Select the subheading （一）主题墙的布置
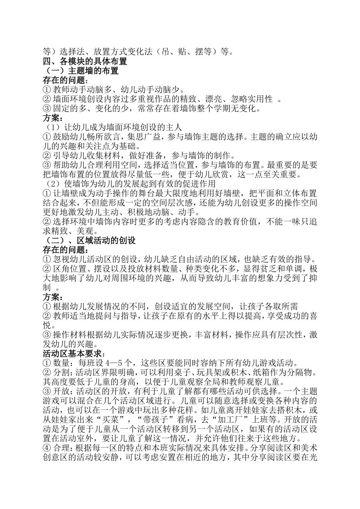click(x=82, y=70)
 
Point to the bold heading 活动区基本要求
click(x=72, y=354)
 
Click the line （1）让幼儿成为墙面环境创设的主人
click(x=114, y=127)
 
